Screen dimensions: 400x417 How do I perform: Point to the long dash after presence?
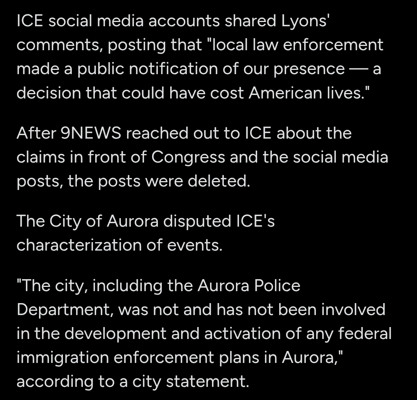359,69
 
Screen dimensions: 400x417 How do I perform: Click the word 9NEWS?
91,134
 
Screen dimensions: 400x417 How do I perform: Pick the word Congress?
188,158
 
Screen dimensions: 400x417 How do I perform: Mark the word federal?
365,334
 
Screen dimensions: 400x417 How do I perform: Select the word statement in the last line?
207,381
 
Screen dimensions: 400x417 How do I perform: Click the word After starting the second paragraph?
36,134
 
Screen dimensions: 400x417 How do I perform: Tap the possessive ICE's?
255,222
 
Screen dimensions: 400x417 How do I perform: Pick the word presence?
309,69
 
